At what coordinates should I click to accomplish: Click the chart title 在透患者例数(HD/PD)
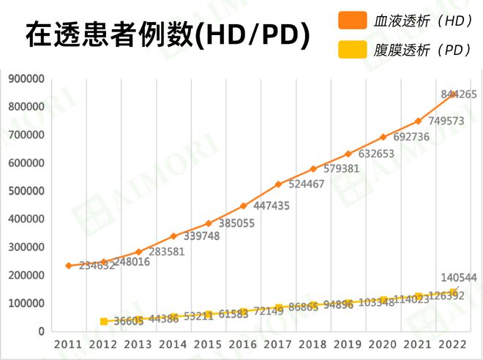click(x=168, y=34)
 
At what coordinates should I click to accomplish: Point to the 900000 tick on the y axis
click(x=26, y=79)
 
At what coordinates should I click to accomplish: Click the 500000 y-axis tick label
click(x=26, y=191)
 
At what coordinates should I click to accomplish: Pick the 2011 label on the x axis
click(x=68, y=344)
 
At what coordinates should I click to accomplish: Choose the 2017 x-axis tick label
click(x=278, y=344)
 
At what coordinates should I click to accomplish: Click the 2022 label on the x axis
click(x=453, y=344)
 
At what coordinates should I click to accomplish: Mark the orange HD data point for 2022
click(x=453, y=94)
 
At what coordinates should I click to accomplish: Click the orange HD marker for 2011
click(x=68, y=266)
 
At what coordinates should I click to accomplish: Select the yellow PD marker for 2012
click(x=104, y=321)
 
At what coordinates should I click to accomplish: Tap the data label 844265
click(x=459, y=94)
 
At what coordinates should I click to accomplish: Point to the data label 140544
click(x=459, y=278)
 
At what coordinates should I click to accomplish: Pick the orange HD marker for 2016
click(x=244, y=206)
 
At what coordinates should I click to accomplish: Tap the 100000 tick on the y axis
click(x=26, y=304)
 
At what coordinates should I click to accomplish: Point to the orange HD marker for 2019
click(x=348, y=154)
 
